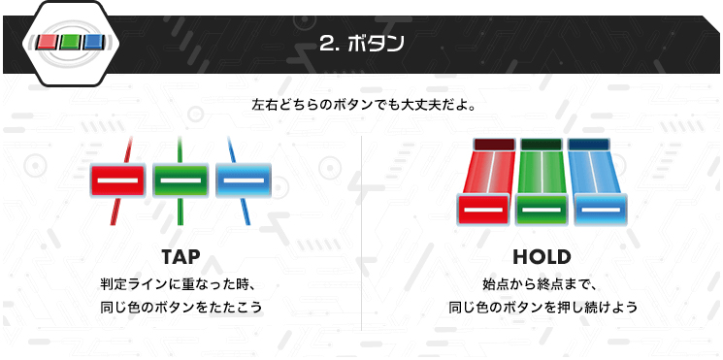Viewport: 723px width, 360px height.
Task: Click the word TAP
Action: [x=181, y=257]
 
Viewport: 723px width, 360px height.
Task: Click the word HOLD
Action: [x=542, y=257]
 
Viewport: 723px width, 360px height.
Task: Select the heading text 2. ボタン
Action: [x=361, y=44]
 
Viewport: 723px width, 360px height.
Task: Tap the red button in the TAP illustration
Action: [x=118, y=180]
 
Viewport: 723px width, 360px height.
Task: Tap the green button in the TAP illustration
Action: [x=181, y=180]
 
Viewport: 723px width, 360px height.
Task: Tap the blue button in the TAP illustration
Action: [x=244, y=180]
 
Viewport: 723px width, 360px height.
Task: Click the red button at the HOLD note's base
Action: [x=483, y=210]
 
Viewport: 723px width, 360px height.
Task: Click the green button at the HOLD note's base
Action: [x=542, y=210]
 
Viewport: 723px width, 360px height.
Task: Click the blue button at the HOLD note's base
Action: [x=601, y=210]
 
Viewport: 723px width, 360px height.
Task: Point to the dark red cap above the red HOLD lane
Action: [x=494, y=145]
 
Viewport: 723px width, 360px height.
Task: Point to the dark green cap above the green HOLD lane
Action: [x=542, y=145]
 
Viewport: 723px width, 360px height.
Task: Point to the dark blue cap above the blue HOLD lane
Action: [x=588, y=145]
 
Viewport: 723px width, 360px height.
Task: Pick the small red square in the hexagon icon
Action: [x=47, y=43]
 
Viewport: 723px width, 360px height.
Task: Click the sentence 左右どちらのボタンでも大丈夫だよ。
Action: [x=364, y=105]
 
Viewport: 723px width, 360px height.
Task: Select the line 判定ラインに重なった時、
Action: [x=178, y=283]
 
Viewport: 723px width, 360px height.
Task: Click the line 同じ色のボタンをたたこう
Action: [x=181, y=307]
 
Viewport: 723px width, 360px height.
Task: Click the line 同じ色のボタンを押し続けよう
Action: [x=542, y=307]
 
